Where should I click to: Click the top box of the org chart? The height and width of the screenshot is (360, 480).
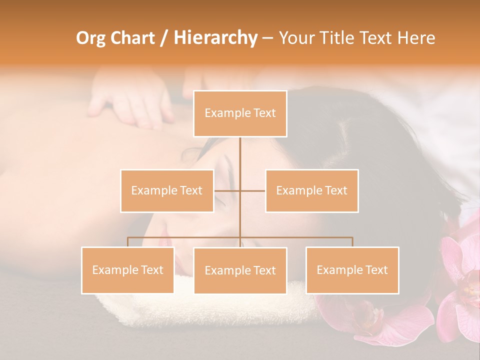point(240,113)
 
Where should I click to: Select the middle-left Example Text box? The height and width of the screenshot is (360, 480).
point(166,190)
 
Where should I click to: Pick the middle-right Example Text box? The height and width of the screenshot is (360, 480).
point(311,190)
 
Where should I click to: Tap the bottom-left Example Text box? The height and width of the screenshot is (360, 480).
point(127,270)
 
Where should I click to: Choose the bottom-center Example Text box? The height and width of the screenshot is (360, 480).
point(240,270)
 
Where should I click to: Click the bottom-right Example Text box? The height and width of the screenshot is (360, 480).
point(352,270)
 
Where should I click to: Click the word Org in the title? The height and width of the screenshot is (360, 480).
point(90,38)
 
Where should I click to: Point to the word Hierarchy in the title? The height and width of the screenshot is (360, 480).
point(215,38)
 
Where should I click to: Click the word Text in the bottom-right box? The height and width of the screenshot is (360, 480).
point(376,270)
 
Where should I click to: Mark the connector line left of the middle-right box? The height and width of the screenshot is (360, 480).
point(252,190)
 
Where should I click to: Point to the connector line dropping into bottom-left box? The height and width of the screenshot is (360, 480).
point(127,242)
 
